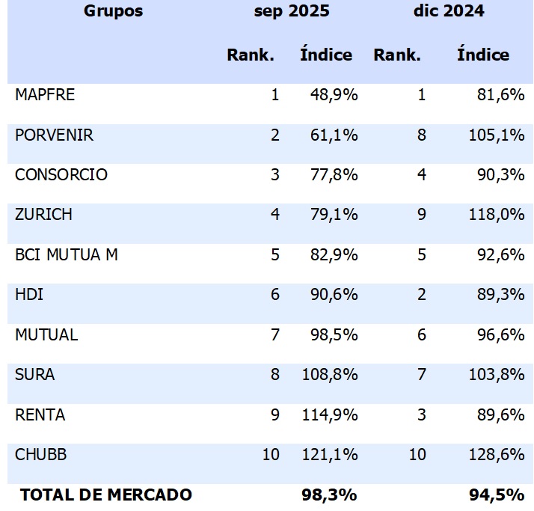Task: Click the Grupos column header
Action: pos(113,10)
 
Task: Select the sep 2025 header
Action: pos(291,10)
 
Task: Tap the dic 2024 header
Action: pos(449,10)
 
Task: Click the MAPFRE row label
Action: pos(45,95)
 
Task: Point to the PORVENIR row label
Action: pos(54,135)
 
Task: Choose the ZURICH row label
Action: pos(43,215)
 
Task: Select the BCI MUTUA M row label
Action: pos(67,254)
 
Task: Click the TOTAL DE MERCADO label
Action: pos(106,495)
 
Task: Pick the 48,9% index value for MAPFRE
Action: pos(330,95)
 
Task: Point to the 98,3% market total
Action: pos(328,495)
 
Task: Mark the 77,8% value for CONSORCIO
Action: pos(330,175)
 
